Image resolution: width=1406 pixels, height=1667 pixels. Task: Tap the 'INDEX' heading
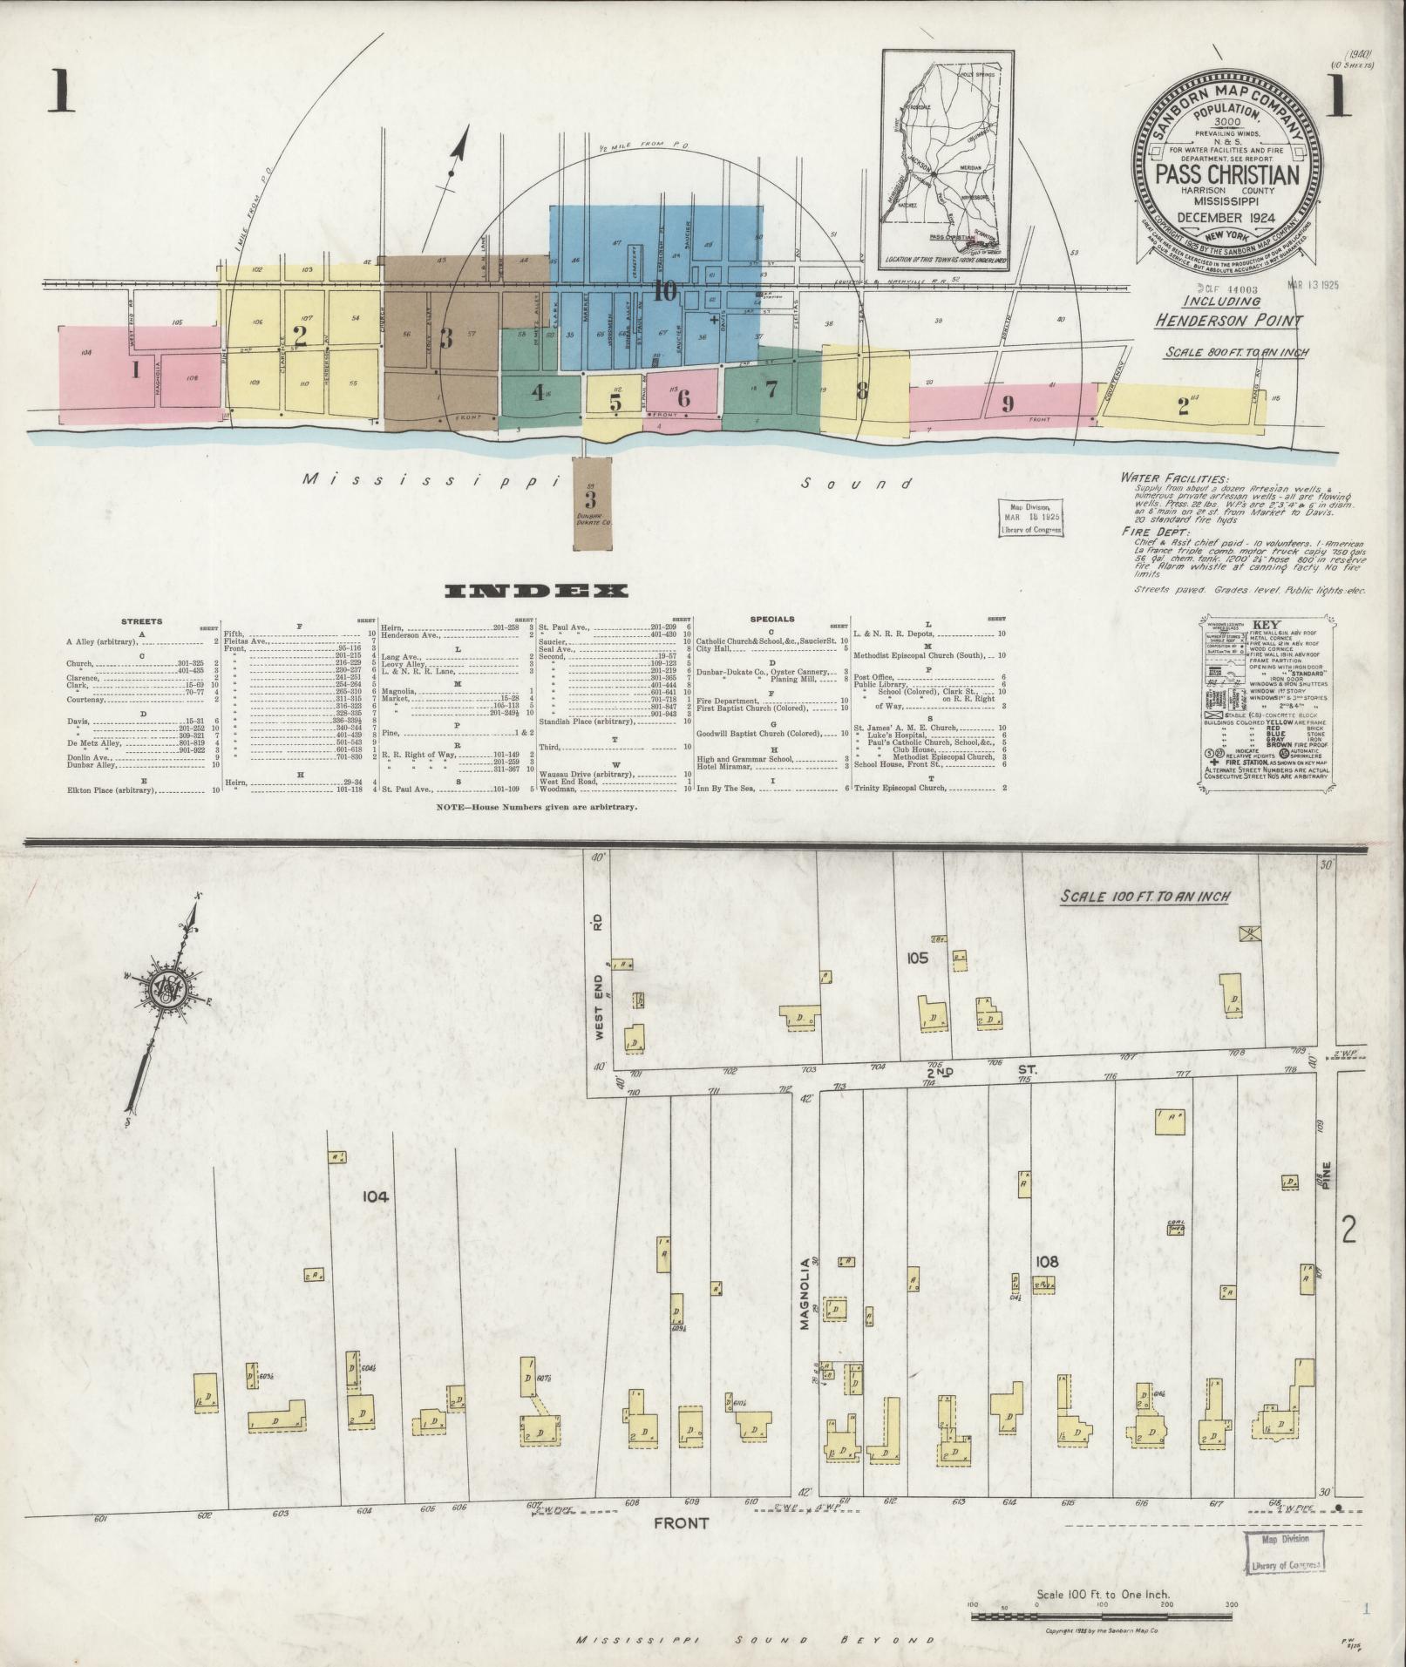point(536,592)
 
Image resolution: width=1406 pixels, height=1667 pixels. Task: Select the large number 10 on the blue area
point(665,292)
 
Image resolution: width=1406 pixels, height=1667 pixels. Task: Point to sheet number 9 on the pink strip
point(1008,403)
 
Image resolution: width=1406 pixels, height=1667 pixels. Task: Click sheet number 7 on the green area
point(771,390)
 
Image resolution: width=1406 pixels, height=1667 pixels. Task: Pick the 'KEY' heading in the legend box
point(1264,626)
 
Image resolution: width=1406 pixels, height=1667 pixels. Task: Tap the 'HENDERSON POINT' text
point(1228,320)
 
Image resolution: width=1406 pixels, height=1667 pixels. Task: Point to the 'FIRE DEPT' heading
point(1156,531)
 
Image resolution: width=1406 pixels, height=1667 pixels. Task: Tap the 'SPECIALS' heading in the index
point(773,620)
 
